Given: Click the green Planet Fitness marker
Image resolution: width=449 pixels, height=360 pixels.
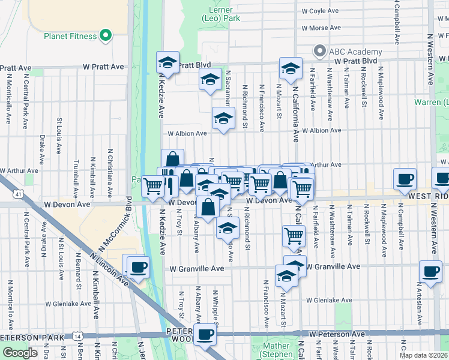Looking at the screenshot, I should (x=107, y=35).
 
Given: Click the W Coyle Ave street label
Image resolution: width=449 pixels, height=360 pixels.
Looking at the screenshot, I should (x=321, y=11).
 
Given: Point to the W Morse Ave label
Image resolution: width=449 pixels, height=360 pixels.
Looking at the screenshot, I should (x=322, y=28).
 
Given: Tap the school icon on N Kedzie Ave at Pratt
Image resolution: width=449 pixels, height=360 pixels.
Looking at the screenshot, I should (x=168, y=62).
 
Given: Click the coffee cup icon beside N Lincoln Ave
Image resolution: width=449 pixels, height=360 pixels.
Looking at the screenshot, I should (x=138, y=266).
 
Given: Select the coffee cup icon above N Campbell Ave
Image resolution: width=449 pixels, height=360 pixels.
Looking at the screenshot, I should (x=405, y=179).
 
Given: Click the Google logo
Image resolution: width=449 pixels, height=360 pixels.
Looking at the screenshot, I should (x=20, y=352).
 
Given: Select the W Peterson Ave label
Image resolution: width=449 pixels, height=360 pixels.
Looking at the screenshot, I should (x=337, y=334).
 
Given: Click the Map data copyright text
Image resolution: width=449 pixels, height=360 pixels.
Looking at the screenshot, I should (x=423, y=355).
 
